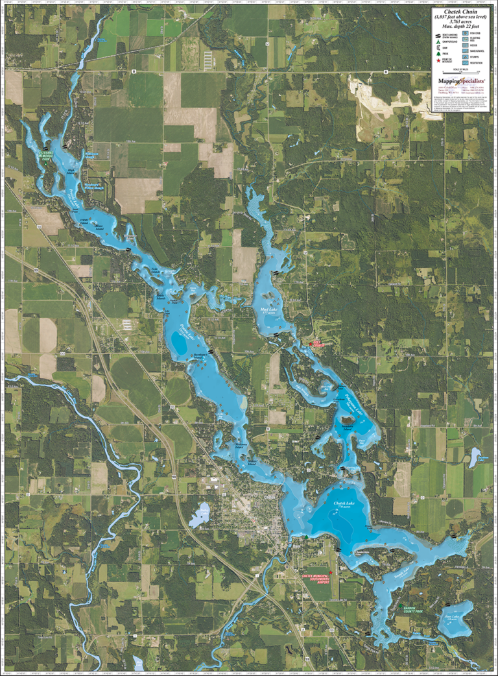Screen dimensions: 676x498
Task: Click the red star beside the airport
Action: click(x=331, y=573)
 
